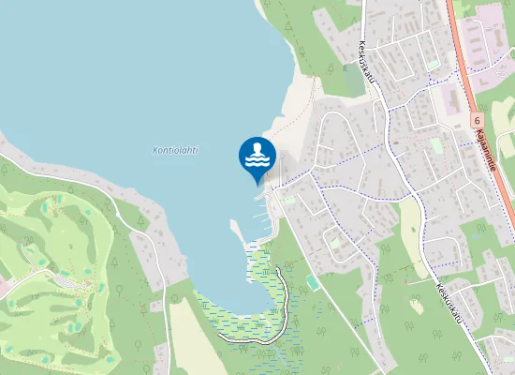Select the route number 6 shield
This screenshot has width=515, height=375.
tap(476, 121)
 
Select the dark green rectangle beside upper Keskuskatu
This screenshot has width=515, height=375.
tap(350, 81)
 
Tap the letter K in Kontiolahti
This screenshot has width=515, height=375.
tap(155, 149)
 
